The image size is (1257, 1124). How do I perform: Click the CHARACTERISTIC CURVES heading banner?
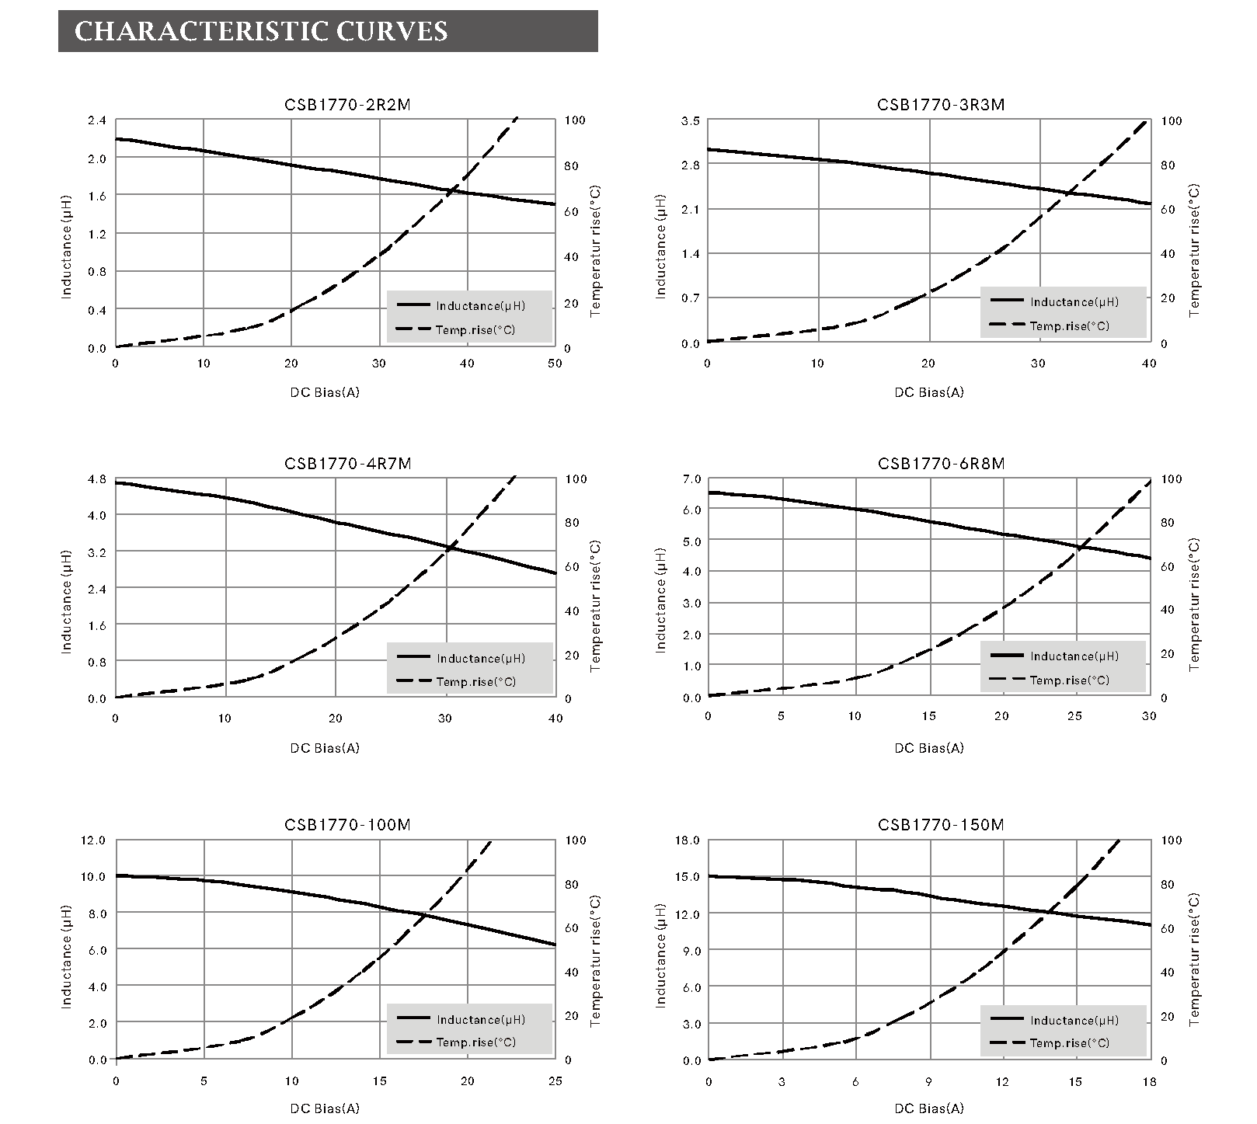point(327,31)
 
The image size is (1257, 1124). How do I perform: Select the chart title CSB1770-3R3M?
point(941,105)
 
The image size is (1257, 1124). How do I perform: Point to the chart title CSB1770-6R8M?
point(941,464)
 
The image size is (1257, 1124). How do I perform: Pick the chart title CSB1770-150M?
point(941,824)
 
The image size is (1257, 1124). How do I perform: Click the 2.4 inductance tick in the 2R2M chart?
point(96,120)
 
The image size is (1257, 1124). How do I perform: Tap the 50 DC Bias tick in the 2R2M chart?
point(555,364)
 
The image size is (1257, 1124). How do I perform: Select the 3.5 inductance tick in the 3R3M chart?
point(690,121)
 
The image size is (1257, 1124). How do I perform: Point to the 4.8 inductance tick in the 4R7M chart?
point(96,478)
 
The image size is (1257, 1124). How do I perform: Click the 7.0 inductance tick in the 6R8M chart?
point(690,479)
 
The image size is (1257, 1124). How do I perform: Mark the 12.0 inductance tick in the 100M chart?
point(93,840)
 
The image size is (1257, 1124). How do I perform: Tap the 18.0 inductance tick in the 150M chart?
point(688,840)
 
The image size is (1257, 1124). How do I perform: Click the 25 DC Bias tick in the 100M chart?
point(555,1081)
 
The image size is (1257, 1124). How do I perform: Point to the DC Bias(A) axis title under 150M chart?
point(928,1108)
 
